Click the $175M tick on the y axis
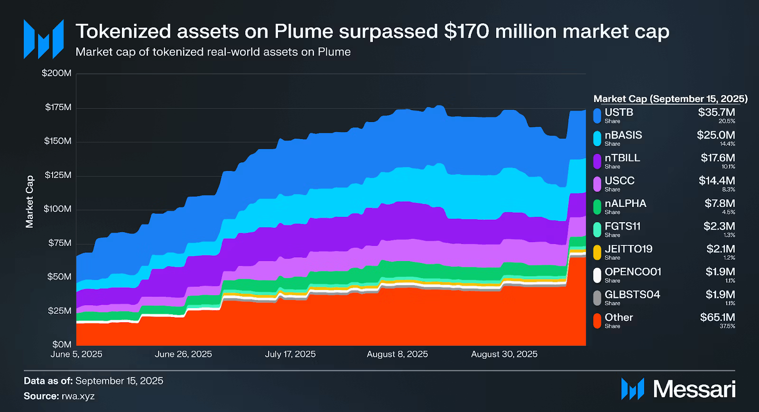(x=58, y=107)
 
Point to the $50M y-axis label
(x=59, y=277)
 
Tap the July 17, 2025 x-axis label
(x=290, y=354)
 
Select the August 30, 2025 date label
(x=504, y=354)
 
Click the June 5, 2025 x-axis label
(x=76, y=354)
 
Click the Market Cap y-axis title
(x=29, y=202)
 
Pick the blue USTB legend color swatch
(x=597, y=116)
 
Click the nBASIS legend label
(x=623, y=135)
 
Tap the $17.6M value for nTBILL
(x=718, y=158)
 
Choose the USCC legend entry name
(x=620, y=181)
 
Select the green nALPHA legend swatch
(x=597, y=207)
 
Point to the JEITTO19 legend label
(x=629, y=249)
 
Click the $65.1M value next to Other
(x=717, y=318)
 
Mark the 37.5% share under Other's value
(x=727, y=327)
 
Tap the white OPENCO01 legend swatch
(x=597, y=275)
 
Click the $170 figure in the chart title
(x=467, y=32)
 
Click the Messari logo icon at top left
(x=44, y=39)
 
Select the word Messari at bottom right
(x=694, y=389)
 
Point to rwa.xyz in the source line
(x=78, y=396)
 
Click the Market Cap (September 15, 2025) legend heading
(x=670, y=99)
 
